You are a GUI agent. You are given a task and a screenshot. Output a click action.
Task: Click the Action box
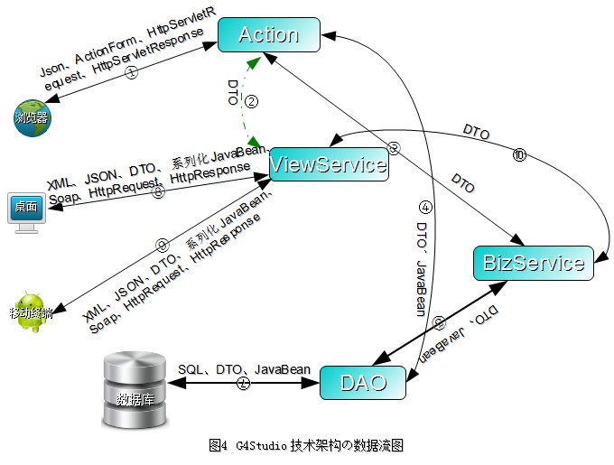click(268, 36)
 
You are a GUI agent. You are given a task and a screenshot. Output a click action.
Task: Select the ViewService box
click(328, 163)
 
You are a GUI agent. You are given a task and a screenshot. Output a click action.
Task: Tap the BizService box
click(534, 263)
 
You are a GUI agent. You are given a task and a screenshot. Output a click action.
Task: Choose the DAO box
click(364, 383)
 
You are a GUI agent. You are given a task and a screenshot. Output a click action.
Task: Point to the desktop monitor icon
click(25, 212)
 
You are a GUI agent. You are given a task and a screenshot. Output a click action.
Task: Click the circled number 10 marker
click(518, 155)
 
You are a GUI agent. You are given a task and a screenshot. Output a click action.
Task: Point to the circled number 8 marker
click(159, 191)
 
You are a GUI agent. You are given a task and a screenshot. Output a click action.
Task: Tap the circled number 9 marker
click(163, 246)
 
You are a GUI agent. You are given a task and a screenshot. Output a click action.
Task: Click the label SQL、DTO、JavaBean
click(244, 369)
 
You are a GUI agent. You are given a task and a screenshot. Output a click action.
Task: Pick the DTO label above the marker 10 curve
click(476, 133)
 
